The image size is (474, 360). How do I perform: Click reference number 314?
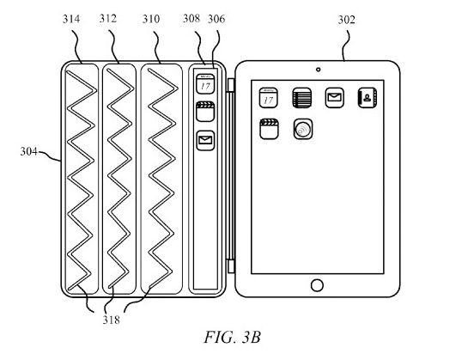click(71, 19)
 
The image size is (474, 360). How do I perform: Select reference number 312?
click(108, 19)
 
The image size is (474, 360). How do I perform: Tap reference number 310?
click(151, 19)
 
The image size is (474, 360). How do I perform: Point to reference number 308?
click(191, 18)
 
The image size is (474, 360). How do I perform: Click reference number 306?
click(216, 19)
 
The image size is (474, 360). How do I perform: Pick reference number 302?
click(346, 20)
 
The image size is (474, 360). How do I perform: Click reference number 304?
click(28, 151)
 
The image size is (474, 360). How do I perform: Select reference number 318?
click(112, 320)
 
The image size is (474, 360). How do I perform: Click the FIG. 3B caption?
click(233, 338)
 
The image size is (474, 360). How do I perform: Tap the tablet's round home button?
click(317, 285)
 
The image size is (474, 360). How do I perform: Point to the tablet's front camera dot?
click(318, 70)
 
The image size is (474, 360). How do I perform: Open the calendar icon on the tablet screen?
click(269, 98)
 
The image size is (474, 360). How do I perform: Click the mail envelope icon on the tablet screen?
click(334, 98)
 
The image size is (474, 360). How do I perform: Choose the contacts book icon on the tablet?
click(368, 98)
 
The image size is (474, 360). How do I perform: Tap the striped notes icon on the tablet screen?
click(301, 98)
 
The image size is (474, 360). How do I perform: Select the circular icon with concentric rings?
click(303, 129)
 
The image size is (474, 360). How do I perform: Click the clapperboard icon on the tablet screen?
click(269, 129)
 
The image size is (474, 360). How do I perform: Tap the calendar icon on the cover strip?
click(205, 84)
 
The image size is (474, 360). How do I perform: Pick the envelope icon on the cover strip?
click(205, 140)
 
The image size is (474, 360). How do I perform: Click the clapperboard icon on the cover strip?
click(205, 112)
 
